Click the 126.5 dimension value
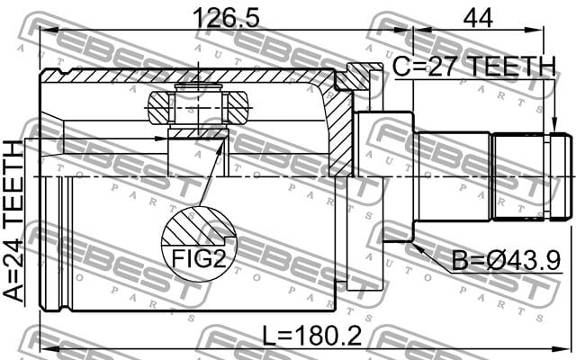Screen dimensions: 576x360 click(x=226, y=18)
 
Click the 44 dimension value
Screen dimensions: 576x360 click(x=478, y=18)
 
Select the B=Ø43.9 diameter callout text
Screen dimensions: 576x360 click(x=506, y=261)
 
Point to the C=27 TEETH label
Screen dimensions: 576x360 click(x=474, y=67)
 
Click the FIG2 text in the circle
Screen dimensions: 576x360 click(x=198, y=259)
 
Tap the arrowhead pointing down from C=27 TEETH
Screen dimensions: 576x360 click(x=554, y=125)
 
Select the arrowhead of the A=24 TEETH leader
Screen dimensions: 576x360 click(x=160, y=139)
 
